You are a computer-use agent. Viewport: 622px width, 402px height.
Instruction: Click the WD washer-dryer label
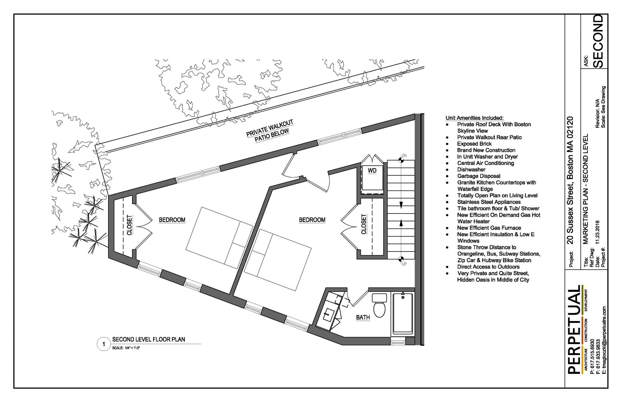pyautogui.click(x=372, y=171)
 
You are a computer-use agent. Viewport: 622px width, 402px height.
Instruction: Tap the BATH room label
pyautogui.click(x=363, y=317)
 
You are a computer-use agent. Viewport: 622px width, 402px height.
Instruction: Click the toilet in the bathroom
pyautogui.click(x=379, y=305)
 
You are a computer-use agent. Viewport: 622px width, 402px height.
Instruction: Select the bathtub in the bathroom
pyautogui.click(x=403, y=314)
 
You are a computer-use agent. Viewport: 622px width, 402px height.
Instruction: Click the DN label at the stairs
pyautogui.click(x=404, y=156)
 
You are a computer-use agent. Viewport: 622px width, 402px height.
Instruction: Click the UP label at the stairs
pyautogui.click(x=404, y=264)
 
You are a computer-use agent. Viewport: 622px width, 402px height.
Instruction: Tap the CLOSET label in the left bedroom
pyautogui.click(x=129, y=225)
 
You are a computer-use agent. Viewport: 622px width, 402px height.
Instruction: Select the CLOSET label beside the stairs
pyautogui.click(x=364, y=225)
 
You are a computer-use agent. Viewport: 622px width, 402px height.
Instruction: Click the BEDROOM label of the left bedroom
pyautogui.click(x=172, y=220)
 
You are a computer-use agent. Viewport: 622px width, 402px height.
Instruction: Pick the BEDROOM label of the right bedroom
pyautogui.click(x=312, y=220)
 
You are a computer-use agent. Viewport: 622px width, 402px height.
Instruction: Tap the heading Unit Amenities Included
pyautogui.click(x=474, y=118)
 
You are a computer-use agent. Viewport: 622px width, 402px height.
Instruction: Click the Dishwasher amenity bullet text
pyautogui.click(x=471, y=170)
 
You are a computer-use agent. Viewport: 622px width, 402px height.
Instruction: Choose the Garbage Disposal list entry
pyautogui.click(x=479, y=176)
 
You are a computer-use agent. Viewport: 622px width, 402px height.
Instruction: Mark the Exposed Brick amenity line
pyautogui.click(x=474, y=144)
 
